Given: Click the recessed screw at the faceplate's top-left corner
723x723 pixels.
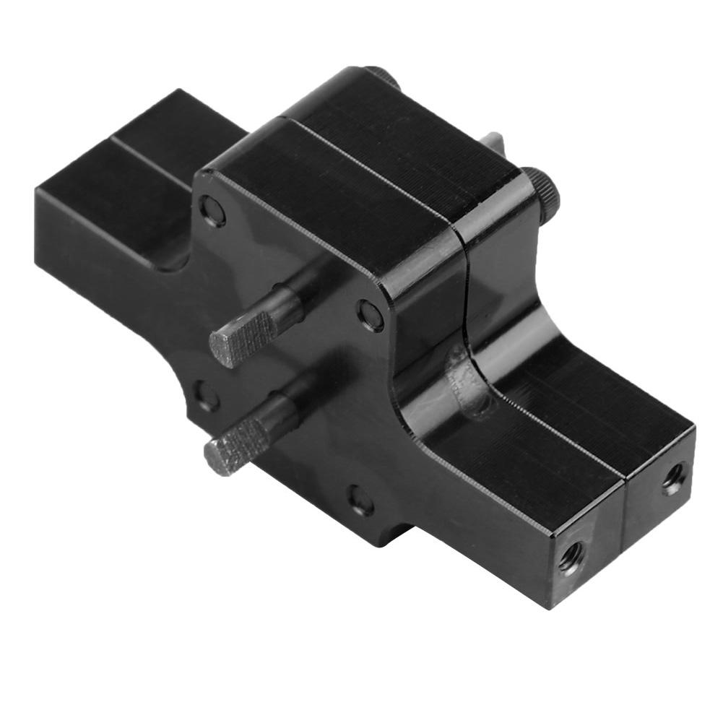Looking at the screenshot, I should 213,212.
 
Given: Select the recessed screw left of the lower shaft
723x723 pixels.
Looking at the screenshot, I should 206,397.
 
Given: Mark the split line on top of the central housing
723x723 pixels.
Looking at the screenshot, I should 376,168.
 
